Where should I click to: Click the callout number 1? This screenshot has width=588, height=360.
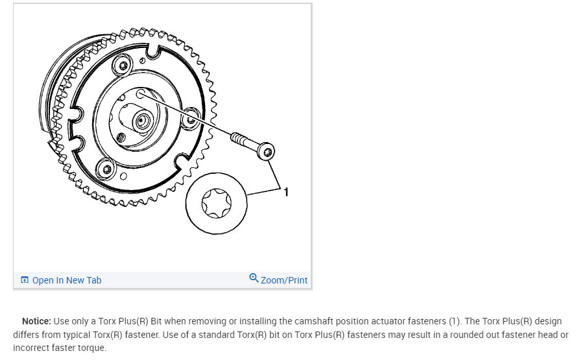tap(286, 192)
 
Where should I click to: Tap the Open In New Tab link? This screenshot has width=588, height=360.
tap(66, 280)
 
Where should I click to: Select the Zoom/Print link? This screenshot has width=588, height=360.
tap(284, 280)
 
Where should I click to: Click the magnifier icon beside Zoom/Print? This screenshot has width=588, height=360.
tap(254, 278)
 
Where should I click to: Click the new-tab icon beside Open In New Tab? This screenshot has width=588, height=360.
tap(25, 280)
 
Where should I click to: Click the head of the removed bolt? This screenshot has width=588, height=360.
tap(265, 152)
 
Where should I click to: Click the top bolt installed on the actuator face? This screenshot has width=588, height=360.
tap(123, 65)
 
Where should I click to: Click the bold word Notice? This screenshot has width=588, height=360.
tap(36, 321)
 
